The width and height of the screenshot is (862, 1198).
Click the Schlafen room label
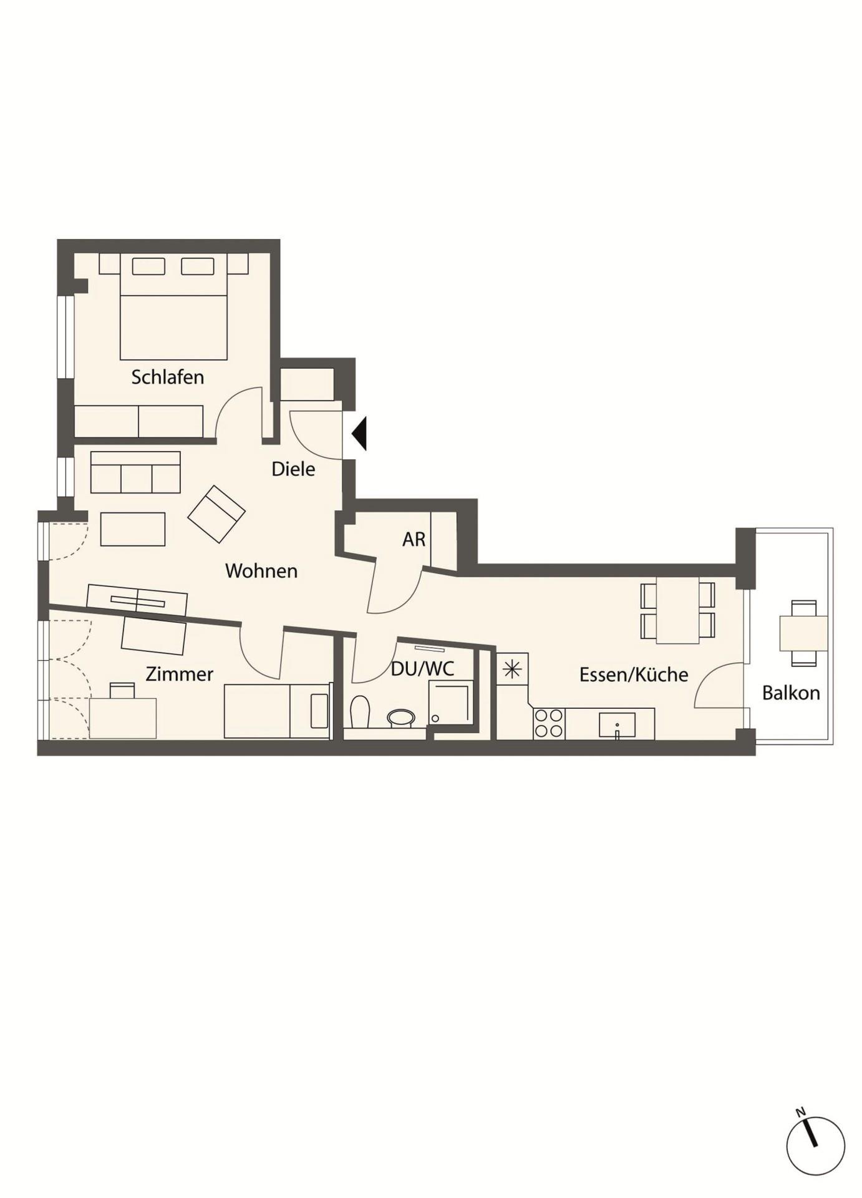(x=167, y=377)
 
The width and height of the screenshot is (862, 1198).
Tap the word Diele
(x=293, y=469)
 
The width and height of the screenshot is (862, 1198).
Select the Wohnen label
(x=261, y=570)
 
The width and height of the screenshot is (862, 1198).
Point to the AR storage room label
(x=414, y=539)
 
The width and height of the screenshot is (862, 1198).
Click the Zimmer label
(x=179, y=674)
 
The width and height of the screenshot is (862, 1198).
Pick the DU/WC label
(x=422, y=669)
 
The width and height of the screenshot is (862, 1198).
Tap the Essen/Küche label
(x=634, y=674)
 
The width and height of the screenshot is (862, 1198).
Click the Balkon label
(x=791, y=693)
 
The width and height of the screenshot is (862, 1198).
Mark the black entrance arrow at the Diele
(x=359, y=433)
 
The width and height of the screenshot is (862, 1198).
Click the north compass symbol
(x=815, y=1146)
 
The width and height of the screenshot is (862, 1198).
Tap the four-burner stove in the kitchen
(x=549, y=724)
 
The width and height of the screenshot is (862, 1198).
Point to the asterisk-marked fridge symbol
(x=512, y=670)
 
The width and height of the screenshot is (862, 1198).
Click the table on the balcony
(x=804, y=633)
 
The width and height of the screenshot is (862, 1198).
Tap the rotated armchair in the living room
(x=216, y=514)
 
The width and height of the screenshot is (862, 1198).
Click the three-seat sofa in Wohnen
(x=135, y=472)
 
